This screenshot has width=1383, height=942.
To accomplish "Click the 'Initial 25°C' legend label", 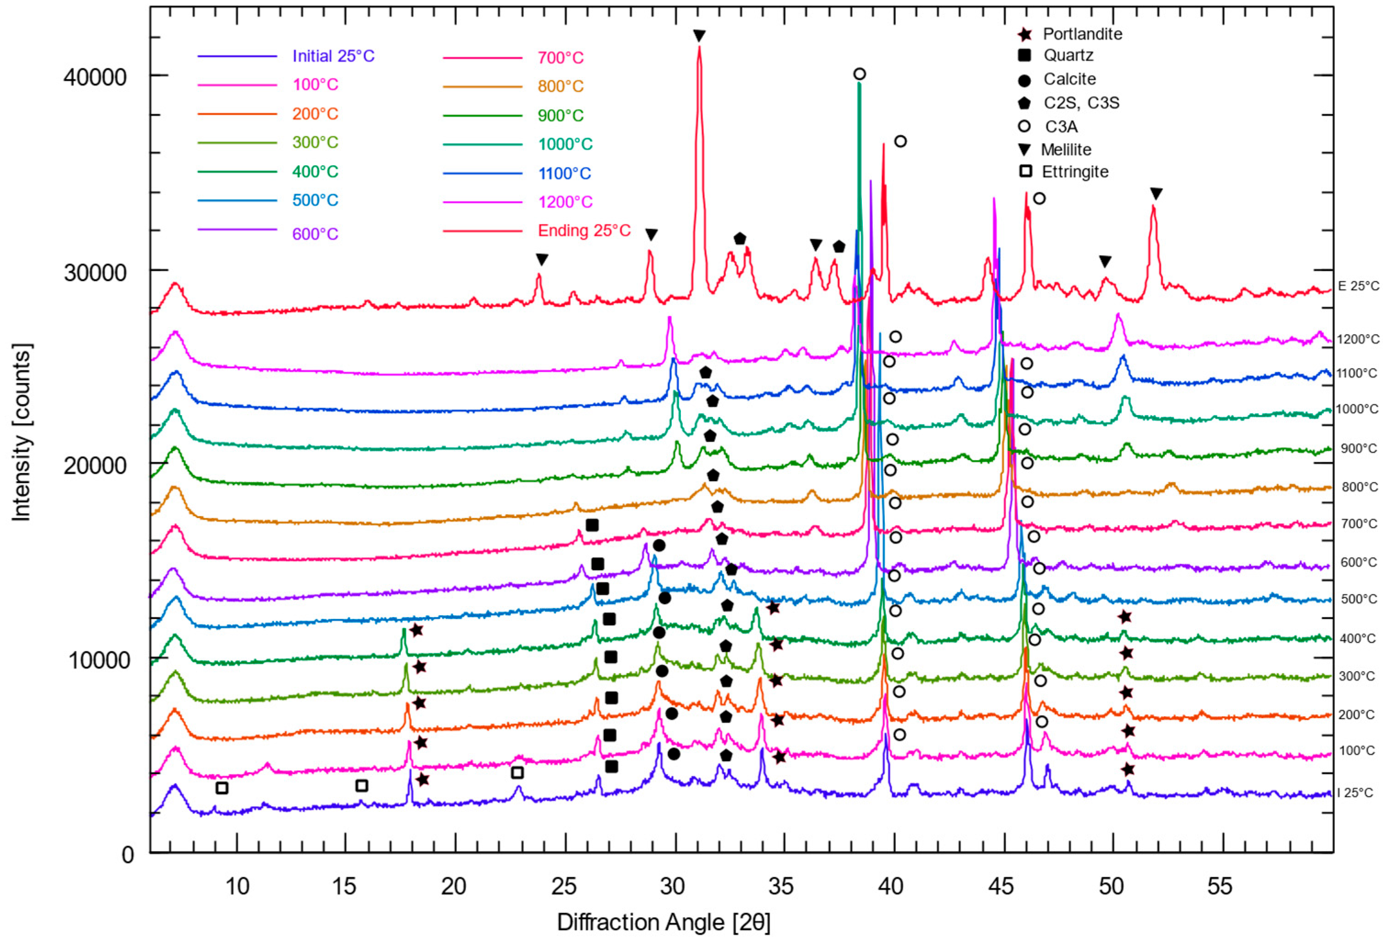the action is pos(333,56).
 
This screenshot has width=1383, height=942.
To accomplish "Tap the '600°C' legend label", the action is pos(315,234).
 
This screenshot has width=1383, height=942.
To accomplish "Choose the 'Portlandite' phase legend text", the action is pos(1082,34).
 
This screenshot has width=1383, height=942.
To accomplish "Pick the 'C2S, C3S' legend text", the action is pos(1081,103).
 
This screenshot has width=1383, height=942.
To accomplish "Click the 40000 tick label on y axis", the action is pos(95,77).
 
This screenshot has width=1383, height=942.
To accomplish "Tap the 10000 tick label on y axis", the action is pos(98,659).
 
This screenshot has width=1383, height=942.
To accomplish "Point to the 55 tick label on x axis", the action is pos(1220,886).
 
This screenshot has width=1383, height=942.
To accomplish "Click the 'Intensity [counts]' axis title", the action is pos(22,432).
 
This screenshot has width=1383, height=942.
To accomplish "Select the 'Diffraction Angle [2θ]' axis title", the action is pos(663,922).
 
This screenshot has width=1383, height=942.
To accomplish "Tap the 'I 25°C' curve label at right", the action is pos(1355,793).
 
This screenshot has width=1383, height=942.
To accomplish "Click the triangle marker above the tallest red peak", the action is pos(699,36).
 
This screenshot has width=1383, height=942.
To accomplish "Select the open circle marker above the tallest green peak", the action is pos(859,74).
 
